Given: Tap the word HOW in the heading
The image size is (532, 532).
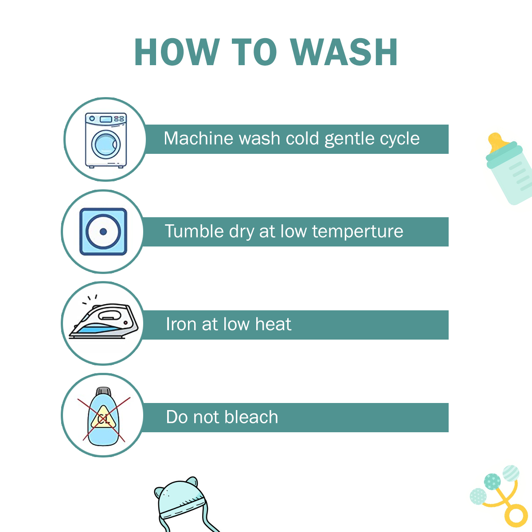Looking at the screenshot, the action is [177, 52].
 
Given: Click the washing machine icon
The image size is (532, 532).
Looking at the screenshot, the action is [106, 140].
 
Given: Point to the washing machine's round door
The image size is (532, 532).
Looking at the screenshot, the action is [106, 145].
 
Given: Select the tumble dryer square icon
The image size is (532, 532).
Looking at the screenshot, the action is [103, 231].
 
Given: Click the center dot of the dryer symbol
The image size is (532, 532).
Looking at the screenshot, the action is [103, 231].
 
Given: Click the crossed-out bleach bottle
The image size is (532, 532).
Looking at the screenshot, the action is [104, 416].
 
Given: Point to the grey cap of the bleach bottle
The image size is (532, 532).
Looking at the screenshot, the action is [104, 391].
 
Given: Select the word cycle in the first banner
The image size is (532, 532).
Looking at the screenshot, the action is [400, 139].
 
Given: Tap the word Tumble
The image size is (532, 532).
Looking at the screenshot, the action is [194, 231].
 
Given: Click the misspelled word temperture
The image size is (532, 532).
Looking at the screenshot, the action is [358, 231].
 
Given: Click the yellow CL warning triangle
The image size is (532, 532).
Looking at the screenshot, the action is [103, 418].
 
